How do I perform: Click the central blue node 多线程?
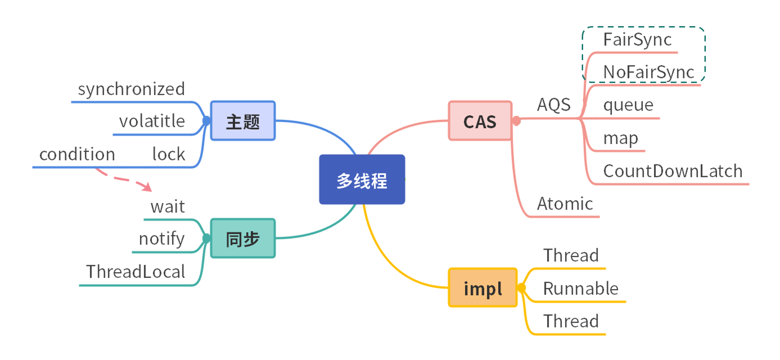click(x=362, y=180)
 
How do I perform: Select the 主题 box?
click(x=243, y=121)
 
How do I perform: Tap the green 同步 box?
click(x=243, y=238)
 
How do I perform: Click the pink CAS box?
click(x=480, y=121)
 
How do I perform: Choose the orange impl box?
click(x=483, y=288)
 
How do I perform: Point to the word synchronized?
click(x=131, y=89)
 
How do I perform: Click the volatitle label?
click(x=152, y=121)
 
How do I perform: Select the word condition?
click(x=77, y=154)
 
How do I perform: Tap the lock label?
click(x=168, y=154)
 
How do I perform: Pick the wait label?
click(x=167, y=207)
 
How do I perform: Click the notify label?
click(x=161, y=239)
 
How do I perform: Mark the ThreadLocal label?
click(x=135, y=271)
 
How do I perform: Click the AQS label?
click(x=554, y=105)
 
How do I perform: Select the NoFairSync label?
click(x=648, y=72)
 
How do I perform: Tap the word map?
click(x=620, y=138)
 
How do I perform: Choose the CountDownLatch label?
click(x=672, y=171)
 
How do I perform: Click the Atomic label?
click(x=565, y=204)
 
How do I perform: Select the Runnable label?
click(x=580, y=289)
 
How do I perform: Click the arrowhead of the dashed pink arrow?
click(x=148, y=187)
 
